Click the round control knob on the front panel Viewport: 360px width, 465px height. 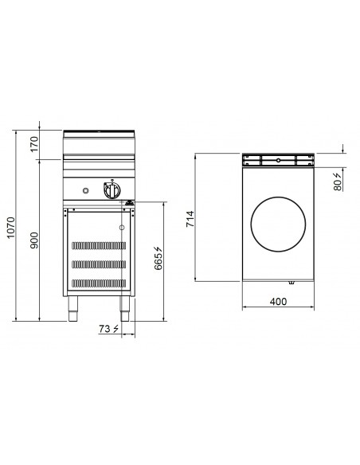pyautogui.click(x=110, y=191)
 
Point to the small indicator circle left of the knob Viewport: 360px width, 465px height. pyautogui.click(x=88, y=191)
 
